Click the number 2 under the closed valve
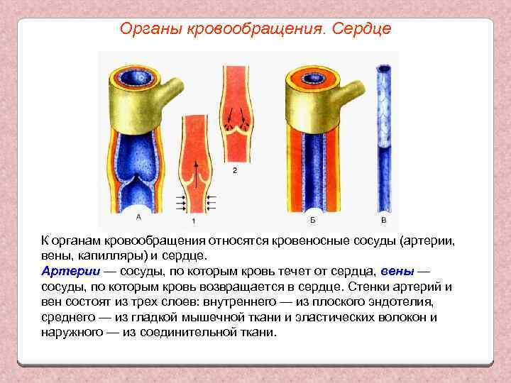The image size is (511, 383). [235, 170]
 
